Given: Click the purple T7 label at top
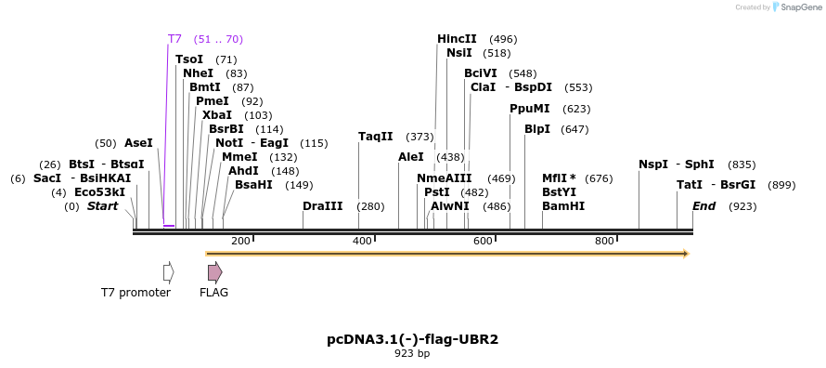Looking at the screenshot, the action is [x=174, y=39].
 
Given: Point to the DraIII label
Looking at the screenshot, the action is [x=322, y=206].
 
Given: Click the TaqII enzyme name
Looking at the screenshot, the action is [x=376, y=137].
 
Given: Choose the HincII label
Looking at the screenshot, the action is [x=457, y=39].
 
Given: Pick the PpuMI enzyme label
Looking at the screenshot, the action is [x=529, y=109].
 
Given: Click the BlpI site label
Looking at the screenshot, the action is [x=537, y=129].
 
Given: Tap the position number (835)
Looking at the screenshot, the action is [x=742, y=165].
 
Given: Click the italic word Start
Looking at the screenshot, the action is [x=102, y=206].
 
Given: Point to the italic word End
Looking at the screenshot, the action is [x=703, y=206].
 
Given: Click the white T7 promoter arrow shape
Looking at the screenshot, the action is [x=169, y=272].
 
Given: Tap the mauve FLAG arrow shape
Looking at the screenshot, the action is [x=215, y=272].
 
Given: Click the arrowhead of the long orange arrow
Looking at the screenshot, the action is [x=686, y=254].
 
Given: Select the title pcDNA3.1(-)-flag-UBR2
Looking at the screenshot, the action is [x=412, y=339].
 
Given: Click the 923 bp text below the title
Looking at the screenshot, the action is [x=412, y=354].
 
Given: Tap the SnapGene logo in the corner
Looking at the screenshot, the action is [x=797, y=7].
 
